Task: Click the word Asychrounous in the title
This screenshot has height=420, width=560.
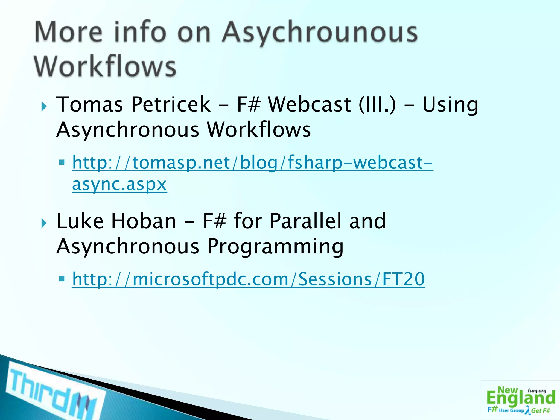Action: tap(320, 33)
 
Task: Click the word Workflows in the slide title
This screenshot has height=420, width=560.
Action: tap(105, 67)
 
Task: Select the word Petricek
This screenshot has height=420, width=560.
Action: tap(171, 104)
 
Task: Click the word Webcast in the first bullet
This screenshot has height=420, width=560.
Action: tap(309, 104)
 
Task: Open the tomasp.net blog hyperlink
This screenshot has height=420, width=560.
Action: tap(252, 163)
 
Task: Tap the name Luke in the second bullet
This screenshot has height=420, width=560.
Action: tap(80, 221)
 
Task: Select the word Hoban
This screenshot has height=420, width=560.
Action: tap(143, 221)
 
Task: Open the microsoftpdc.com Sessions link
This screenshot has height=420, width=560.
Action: tap(248, 279)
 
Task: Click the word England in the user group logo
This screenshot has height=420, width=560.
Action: tap(521, 398)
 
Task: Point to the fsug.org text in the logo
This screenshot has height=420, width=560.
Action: tap(537, 391)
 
